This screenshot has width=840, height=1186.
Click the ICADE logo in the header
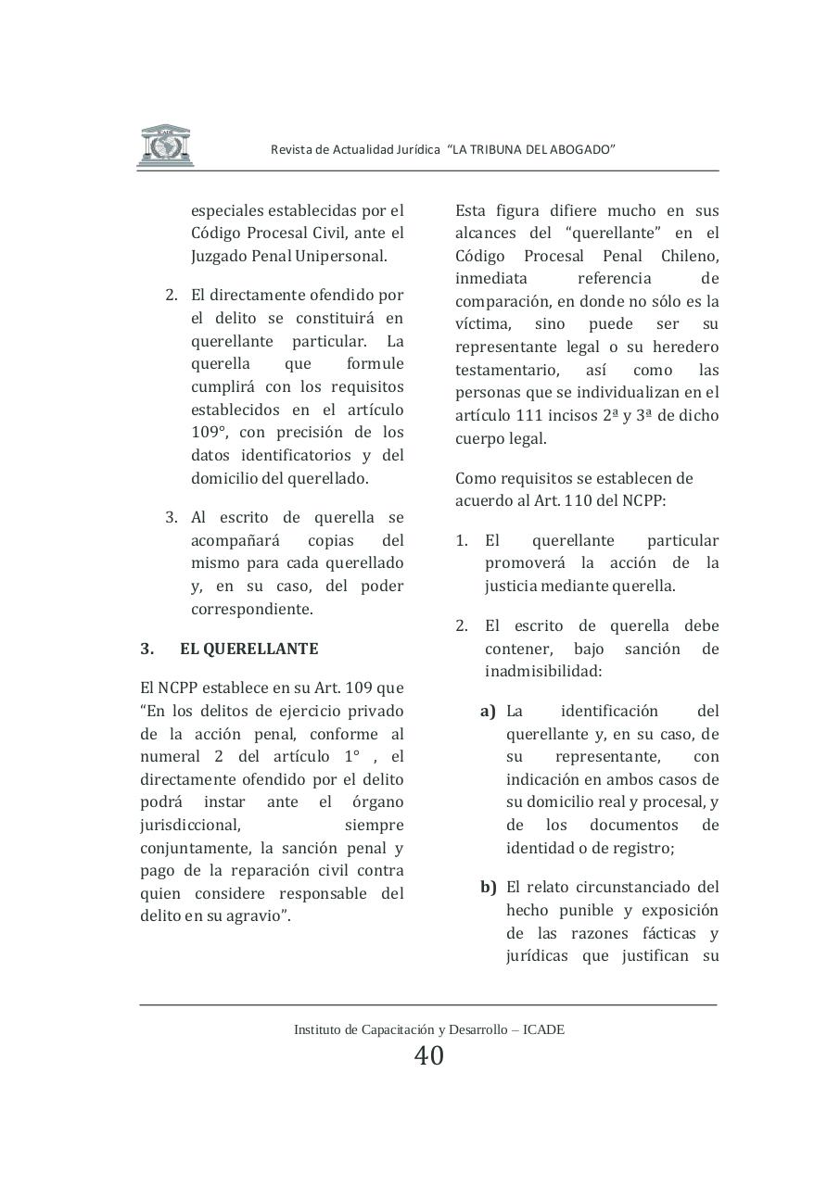click(165, 145)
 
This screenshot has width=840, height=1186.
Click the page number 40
click(428, 1055)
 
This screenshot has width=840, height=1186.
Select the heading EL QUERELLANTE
click(248, 649)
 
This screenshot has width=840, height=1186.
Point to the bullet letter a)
click(488, 712)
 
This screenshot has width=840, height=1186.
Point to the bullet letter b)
click(488, 888)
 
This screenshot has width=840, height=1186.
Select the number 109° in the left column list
click(210, 433)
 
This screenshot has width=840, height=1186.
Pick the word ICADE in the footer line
click(543, 1029)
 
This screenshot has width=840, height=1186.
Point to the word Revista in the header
click(291, 150)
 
